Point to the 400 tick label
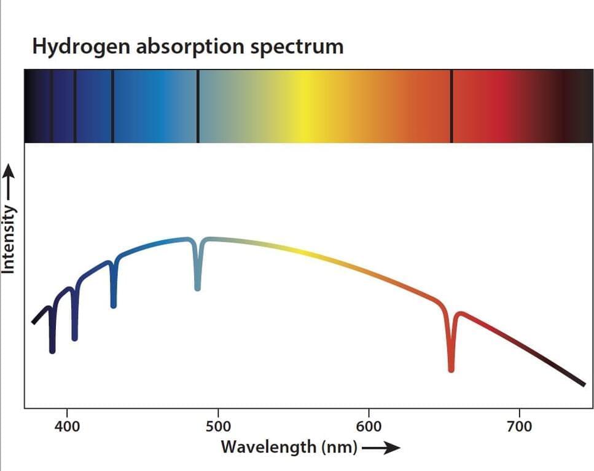[x=66, y=427]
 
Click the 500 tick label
[x=217, y=427]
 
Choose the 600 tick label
[x=369, y=427]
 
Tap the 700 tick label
[x=520, y=427]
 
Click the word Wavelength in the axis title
[x=268, y=446]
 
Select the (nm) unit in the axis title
[x=339, y=447]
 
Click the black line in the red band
[x=451, y=106]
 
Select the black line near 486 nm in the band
[x=198, y=106]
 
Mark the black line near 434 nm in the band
[x=112, y=106]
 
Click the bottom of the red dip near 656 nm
[x=451, y=368]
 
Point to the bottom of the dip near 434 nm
[x=114, y=304]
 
